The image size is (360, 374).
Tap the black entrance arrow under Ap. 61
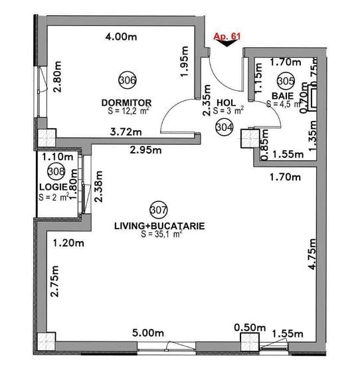228,45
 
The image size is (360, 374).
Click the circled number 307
158,210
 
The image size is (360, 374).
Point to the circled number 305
286,80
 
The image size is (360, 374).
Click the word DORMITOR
127,102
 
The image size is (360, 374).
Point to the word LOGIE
52,187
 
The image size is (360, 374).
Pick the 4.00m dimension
120,37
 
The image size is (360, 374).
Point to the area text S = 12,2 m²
128,111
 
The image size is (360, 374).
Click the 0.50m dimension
249,327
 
